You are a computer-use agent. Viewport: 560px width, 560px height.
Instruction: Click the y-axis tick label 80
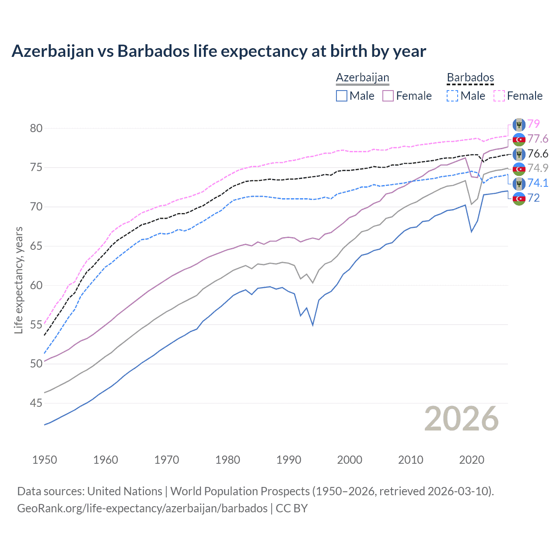(36, 128)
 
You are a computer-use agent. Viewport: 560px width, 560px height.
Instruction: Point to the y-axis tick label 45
(36, 403)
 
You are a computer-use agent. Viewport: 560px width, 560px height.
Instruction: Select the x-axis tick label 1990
(289, 460)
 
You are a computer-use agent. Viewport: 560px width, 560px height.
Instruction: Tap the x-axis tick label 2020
(472, 460)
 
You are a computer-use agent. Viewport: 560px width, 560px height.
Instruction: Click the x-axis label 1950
(45, 460)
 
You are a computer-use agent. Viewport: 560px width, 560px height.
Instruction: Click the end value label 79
(534, 124)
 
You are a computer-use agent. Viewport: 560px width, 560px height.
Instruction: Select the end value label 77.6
(538, 139)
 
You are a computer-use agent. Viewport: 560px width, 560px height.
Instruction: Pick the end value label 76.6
(538, 154)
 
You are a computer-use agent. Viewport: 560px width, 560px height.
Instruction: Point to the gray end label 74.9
(538, 168)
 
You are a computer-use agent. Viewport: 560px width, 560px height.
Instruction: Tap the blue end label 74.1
(538, 183)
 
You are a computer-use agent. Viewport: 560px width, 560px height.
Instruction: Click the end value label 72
(534, 198)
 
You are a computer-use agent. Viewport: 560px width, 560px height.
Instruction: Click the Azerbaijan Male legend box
(342, 96)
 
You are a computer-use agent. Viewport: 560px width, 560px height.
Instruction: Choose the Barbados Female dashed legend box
(499, 96)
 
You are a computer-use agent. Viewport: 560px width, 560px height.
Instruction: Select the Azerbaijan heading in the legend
(363, 77)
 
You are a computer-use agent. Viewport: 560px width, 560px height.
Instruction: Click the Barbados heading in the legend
(470, 77)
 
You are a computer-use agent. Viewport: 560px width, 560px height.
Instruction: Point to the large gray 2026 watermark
(462, 419)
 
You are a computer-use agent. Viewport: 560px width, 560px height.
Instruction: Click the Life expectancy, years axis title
(19, 280)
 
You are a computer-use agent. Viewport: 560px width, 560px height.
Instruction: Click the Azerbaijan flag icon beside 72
(519, 198)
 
